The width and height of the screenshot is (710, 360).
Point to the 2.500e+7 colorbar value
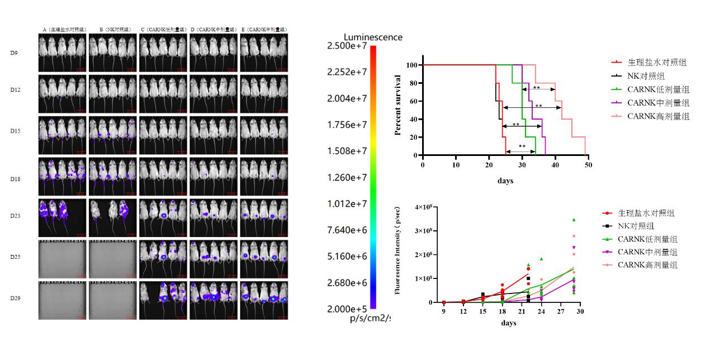(347, 46)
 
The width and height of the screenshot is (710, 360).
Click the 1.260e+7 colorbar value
(347, 178)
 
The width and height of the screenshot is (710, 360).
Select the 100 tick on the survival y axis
(411, 65)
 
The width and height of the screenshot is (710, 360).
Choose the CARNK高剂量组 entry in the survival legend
(658, 116)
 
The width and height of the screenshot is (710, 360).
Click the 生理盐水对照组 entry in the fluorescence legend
(646, 213)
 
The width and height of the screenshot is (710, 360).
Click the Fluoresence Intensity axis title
(398, 250)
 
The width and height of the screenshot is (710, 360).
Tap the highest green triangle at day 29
(574, 220)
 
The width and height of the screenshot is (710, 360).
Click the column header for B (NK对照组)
(113, 29)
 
